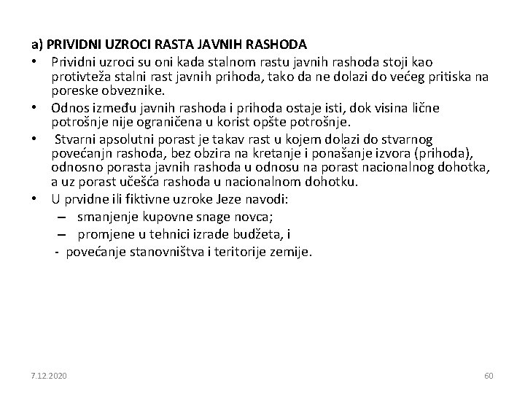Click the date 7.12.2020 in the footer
pyautogui.click(x=48, y=376)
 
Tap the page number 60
pyautogui.click(x=489, y=376)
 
